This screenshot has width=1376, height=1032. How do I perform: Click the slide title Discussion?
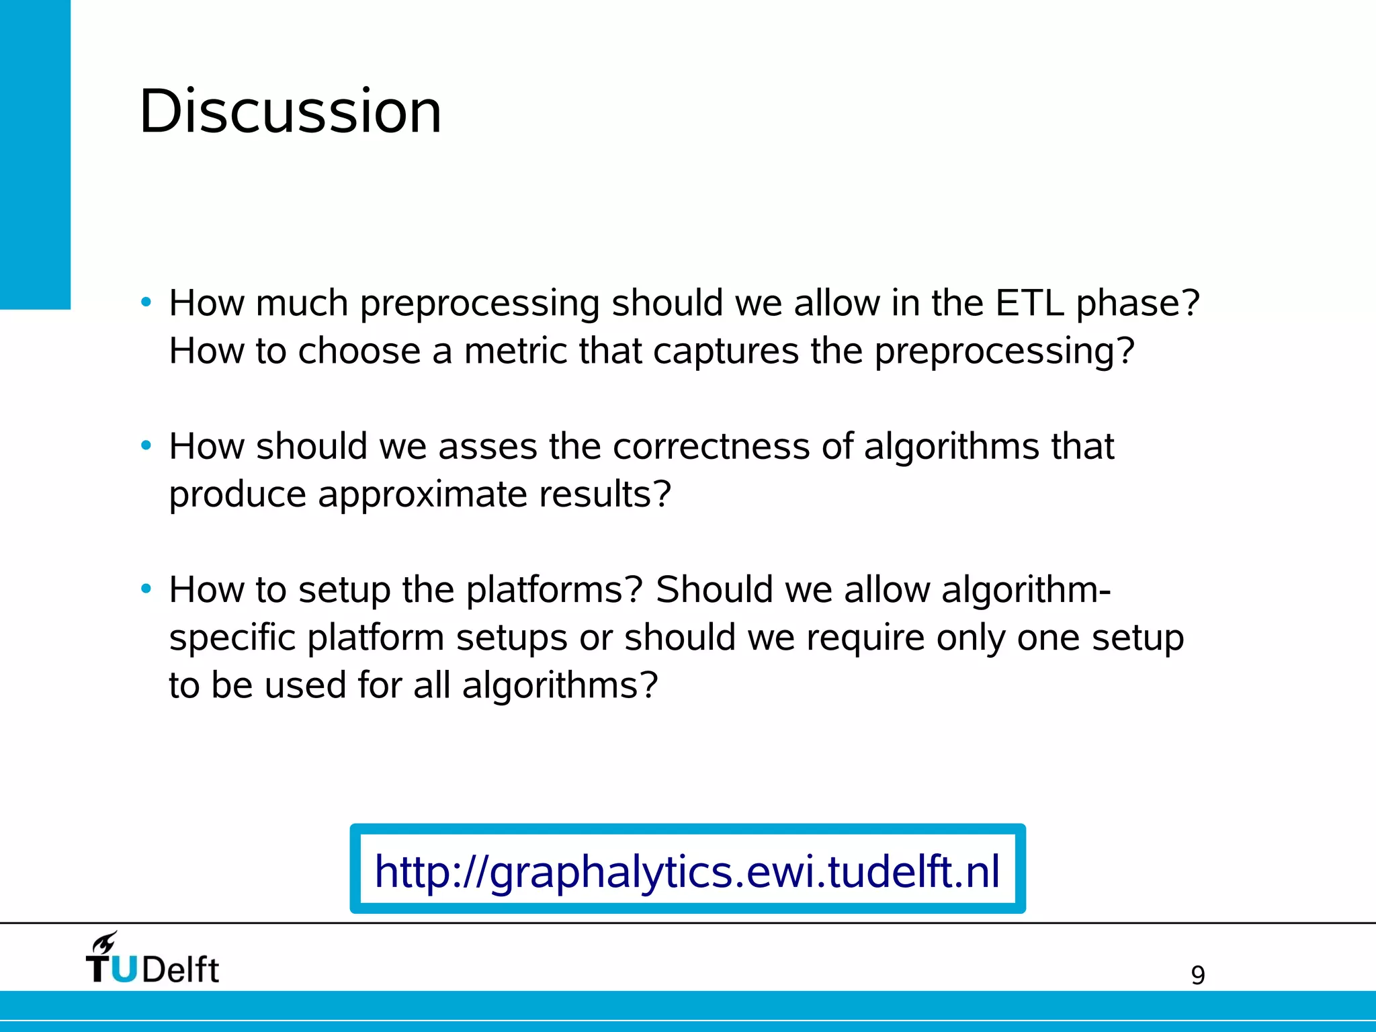pyautogui.click(x=290, y=112)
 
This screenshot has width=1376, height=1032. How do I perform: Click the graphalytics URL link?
pyautogui.click(x=687, y=871)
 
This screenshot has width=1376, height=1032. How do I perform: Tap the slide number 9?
pyautogui.click(x=1198, y=975)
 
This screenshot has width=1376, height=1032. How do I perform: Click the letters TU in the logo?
pyautogui.click(x=112, y=970)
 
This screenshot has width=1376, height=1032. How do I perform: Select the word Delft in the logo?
pyautogui.click(x=181, y=970)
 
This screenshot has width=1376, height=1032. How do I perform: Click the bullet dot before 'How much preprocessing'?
pyautogui.click(x=146, y=302)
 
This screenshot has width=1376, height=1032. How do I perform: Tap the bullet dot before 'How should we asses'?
pyautogui.click(x=146, y=445)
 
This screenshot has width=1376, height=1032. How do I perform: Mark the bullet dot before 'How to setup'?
pyautogui.click(x=146, y=589)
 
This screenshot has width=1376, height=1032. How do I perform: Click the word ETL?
pyautogui.click(x=1029, y=303)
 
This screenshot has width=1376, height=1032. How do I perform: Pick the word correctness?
pyautogui.click(x=711, y=446)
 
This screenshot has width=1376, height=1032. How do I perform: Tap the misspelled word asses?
pyautogui.click(x=488, y=446)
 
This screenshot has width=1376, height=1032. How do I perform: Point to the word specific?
pyautogui.click(x=232, y=638)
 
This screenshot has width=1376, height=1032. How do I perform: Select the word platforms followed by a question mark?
pyautogui.click(x=554, y=590)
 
